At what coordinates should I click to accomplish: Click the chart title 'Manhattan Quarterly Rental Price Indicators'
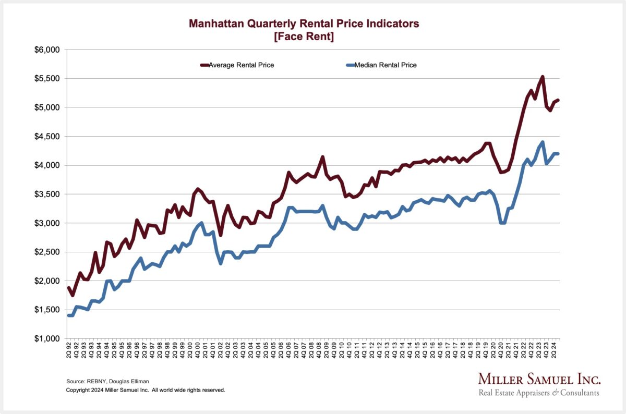pyautogui.click(x=304, y=23)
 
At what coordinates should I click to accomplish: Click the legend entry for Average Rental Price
pyautogui.click(x=241, y=65)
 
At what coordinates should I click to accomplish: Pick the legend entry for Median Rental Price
pyautogui.click(x=385, y=65)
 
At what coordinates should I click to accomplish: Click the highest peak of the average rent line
pyautogui.click(x=543, y=77)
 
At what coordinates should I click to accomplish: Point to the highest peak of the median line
pyautogui.click(x=543, y=142)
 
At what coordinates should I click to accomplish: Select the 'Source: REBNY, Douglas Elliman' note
pyautogui.click(x=108, y=381)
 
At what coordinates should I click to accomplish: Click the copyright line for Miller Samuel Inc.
pyautogui.click(x=146, y=390)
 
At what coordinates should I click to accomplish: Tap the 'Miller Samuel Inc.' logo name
pyautogui.click(x=539, y=380)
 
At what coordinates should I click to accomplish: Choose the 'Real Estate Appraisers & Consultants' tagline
pyautogui.click(x=539, y=393)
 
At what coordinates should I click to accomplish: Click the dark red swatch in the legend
pyautogui.click(x=204, y=65)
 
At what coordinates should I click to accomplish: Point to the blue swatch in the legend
pyautogui.click(x=350, y=65)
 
